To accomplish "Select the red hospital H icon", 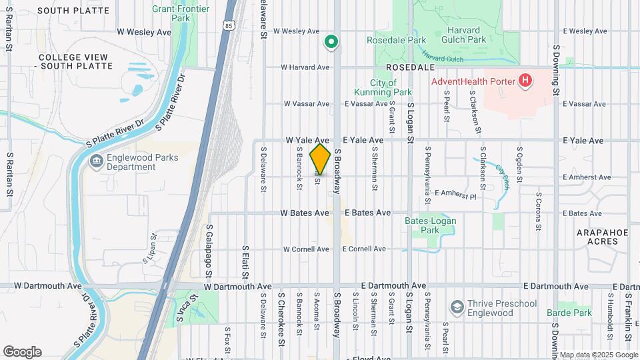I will click(x=526, y=81).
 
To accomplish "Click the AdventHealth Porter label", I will click(x=473, y=81).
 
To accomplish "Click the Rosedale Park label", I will click(x=396, y=40).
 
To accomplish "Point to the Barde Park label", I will click(x=569, y=313).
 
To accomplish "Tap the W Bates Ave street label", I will click(x=305, y=213).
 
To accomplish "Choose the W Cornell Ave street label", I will click(x=306, y=249).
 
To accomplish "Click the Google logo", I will click(x=22, y=351).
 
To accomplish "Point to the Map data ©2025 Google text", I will click(x=598, y=355).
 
